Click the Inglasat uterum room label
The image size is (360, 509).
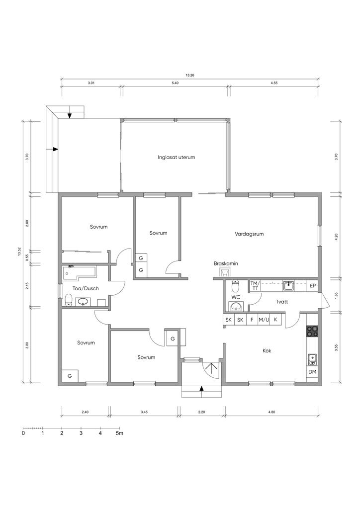tap(176, 158)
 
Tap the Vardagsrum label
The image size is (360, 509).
tap(249, 234)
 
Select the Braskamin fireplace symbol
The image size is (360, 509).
tap(225, 272)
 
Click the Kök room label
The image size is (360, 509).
tap(267, 350)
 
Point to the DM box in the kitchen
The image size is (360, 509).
tap(312, 372)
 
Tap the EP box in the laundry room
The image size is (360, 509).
tap(313, 286)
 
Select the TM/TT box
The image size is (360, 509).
tap(255, 286)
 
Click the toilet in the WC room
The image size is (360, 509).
tap(235, 286)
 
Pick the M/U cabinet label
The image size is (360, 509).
tap(264, 320)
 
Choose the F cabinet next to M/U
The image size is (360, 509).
tap(252, 320)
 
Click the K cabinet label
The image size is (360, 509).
tap(275, 320)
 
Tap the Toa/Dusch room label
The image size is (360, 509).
tap(86, 288)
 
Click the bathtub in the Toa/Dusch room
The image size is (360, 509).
tap(80, 272)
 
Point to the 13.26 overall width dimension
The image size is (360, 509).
tap(190, 76)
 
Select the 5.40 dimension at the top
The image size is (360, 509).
tap(175, 83)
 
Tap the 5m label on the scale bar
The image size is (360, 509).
tap(119, 433)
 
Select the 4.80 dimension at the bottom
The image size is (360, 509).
tap(271, 412)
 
